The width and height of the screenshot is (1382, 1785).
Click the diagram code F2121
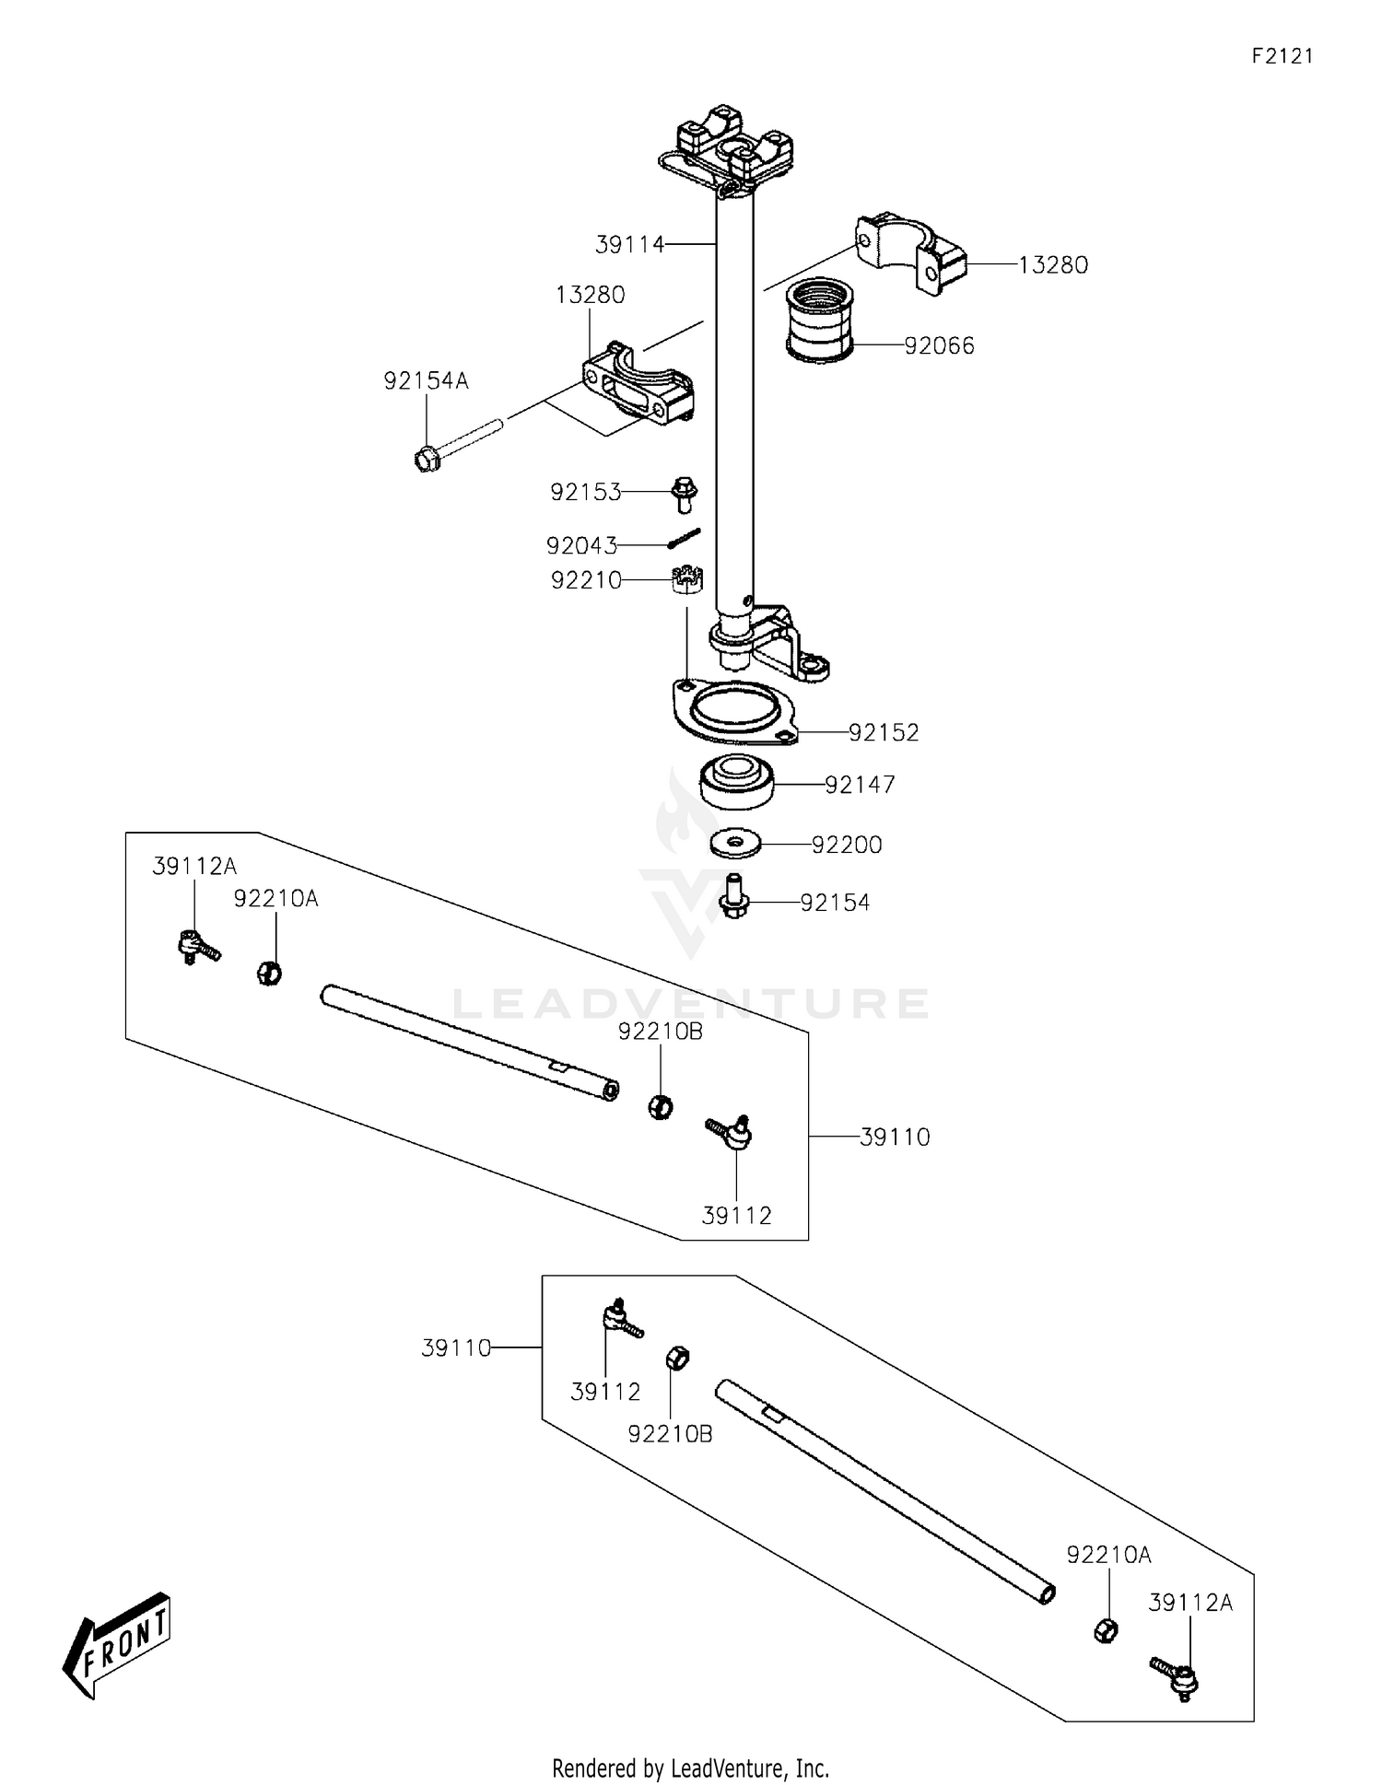tap(1282, 56)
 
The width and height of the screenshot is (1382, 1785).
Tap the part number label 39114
tap(629, 245)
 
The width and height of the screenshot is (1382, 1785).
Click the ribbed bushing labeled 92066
tap(819, 319)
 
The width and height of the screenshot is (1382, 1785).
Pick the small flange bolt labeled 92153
tap(685, 493)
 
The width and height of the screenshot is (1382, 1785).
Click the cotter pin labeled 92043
tap(685, 538)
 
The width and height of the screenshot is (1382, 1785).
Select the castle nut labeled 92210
tap(687, 581)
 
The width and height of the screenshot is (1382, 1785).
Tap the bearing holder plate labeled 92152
tap(734, 711)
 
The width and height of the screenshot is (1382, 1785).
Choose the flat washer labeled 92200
tap(735, 842)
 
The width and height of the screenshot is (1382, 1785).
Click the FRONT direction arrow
tap(116, 1645)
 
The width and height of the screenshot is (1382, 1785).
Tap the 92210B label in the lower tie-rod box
tap(669, 1435)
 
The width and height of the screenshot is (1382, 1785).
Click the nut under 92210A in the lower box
tap(1106, 1630)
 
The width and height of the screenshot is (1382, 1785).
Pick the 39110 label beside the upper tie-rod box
tap(894, 1137)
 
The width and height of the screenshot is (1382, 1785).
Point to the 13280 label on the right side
tap(1052, 265)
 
